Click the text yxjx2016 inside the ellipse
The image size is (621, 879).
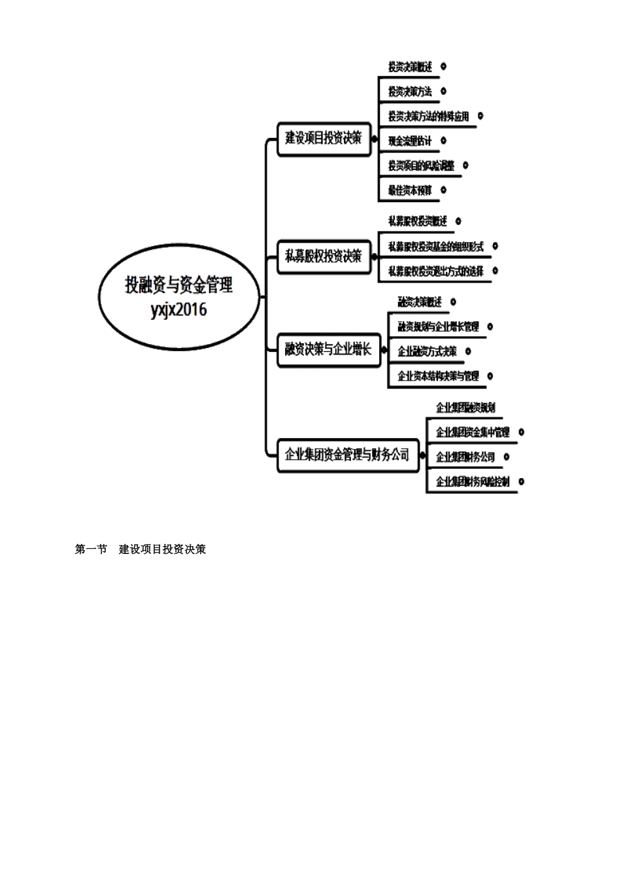click(x=178, y=309)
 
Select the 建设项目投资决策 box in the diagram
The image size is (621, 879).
click(x=324, y=138)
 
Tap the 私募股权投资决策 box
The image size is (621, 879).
click(x=324, y=256)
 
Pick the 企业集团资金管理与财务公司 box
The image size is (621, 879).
click(x=347, y=455)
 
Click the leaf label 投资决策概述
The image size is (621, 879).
click(x=410, y=67)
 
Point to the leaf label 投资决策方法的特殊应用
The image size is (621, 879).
click(x=428, y=116)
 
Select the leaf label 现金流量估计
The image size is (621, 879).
click(x=410, y=141)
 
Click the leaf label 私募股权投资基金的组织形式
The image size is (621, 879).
click(x=435, y=247)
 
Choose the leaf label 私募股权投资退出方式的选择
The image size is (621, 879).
click(x=435, y=271)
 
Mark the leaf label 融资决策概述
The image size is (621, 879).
click(x=420, y=302)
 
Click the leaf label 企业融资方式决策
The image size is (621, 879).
click(x=427, y=352)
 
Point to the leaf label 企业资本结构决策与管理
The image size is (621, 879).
click(x=438, y=376)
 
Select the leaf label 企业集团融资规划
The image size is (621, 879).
click(x=465, y=407)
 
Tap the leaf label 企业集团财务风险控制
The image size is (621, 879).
click(x=473, y=482)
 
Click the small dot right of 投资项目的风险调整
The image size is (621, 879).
click(x=465, y=165)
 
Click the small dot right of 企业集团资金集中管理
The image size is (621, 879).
click(x=521, y=432)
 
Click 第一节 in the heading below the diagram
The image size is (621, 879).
click(x=91, y=549)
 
